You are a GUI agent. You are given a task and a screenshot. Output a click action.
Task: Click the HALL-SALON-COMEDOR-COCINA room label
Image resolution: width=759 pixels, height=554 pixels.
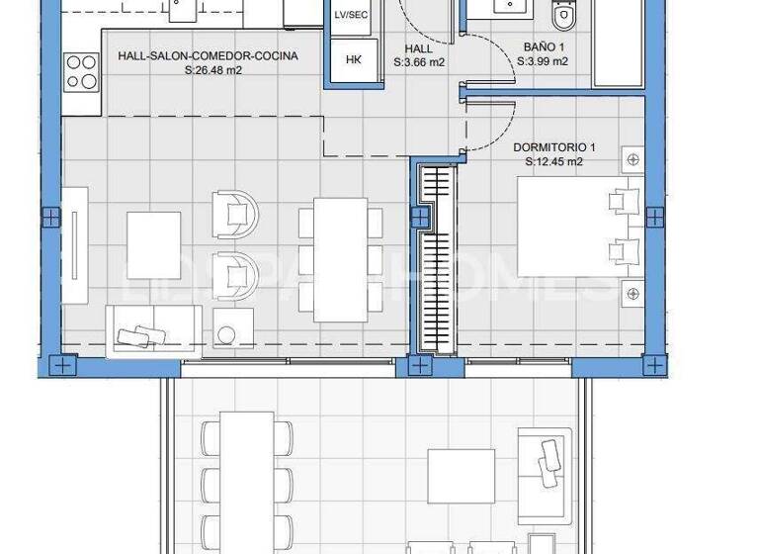pos(208,56)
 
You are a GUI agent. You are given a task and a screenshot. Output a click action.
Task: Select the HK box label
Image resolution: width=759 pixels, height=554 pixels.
pos(354,60)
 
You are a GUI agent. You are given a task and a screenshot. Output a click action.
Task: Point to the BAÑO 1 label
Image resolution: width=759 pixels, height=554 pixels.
pos(543,46)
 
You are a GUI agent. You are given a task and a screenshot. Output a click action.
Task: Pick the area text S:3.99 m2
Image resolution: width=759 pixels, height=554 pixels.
pos(543,61)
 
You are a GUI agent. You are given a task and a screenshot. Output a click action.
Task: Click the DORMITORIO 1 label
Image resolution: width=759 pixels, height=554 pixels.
pos(553,147)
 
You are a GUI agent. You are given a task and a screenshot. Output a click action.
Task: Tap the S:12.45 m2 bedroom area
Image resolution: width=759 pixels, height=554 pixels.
pos(553,162)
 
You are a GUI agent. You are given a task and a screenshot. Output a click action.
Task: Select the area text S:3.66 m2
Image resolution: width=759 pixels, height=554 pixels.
pos(419,61)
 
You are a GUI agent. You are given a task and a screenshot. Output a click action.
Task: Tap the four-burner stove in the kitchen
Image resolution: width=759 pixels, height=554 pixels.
pos(82,72)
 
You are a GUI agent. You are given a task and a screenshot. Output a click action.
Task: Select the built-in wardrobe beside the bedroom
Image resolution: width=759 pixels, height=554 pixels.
pos(436,257)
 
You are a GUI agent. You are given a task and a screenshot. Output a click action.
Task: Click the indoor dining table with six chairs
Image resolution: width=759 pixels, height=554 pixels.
pos(340,260)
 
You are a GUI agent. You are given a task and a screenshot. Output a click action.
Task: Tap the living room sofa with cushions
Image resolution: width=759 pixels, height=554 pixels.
pos(153,330)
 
